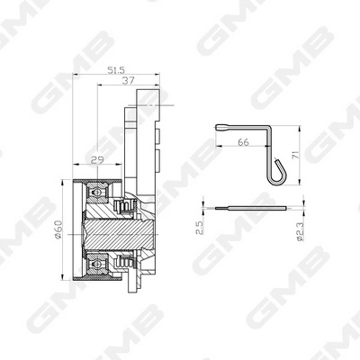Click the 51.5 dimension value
click(x=116, y=70)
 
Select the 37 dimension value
click(x=129, y=80)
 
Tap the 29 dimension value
click(x=98, y=159)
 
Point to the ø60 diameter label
click(x=58, y=229)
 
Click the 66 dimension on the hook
click(x=243, y=142)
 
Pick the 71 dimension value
click(x=295, y=155)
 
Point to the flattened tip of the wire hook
click(x=223, y=128)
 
